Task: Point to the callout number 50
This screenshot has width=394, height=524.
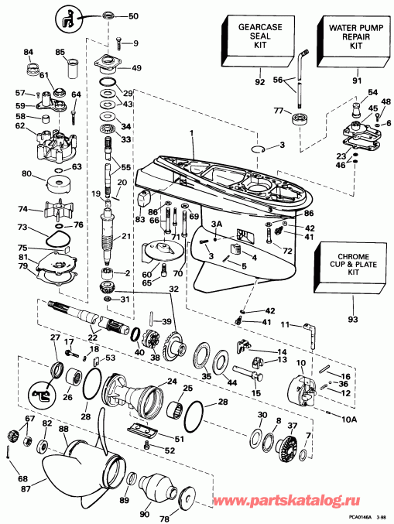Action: [133, 16]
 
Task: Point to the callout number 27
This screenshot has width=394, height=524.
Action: [55, 338]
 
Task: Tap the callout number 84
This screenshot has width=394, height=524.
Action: [29, 53]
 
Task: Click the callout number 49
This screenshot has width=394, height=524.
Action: [137, 68]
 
